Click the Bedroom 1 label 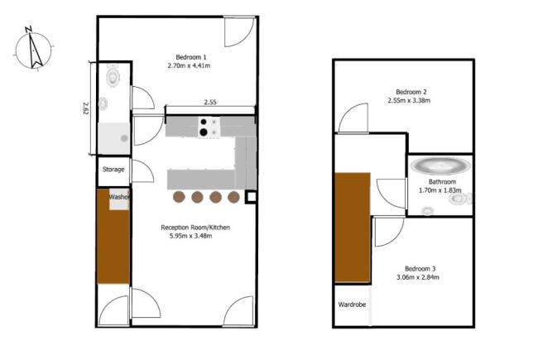(x=191, y=57)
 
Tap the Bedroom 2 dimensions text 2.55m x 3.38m (x=409, y=101)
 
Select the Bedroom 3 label (x=420, y=269)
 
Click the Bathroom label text (x=442, y=182)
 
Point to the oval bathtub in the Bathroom (x=440, y=166)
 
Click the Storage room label (x=113, y=170)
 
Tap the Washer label (x=119, y=197)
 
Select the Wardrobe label (x=352, y=305)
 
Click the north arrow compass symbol (x=33, y=49)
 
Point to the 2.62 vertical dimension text (x=86, y=108)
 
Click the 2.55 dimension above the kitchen (x=210, y=102)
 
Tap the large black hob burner (x=204, y=132)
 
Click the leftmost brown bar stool (x=179, y=197)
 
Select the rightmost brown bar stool (x=233, y=197)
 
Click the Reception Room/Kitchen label (x=195, y=228)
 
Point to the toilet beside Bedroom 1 (x=113, y=76)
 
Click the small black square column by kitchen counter (x=251, y=197)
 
